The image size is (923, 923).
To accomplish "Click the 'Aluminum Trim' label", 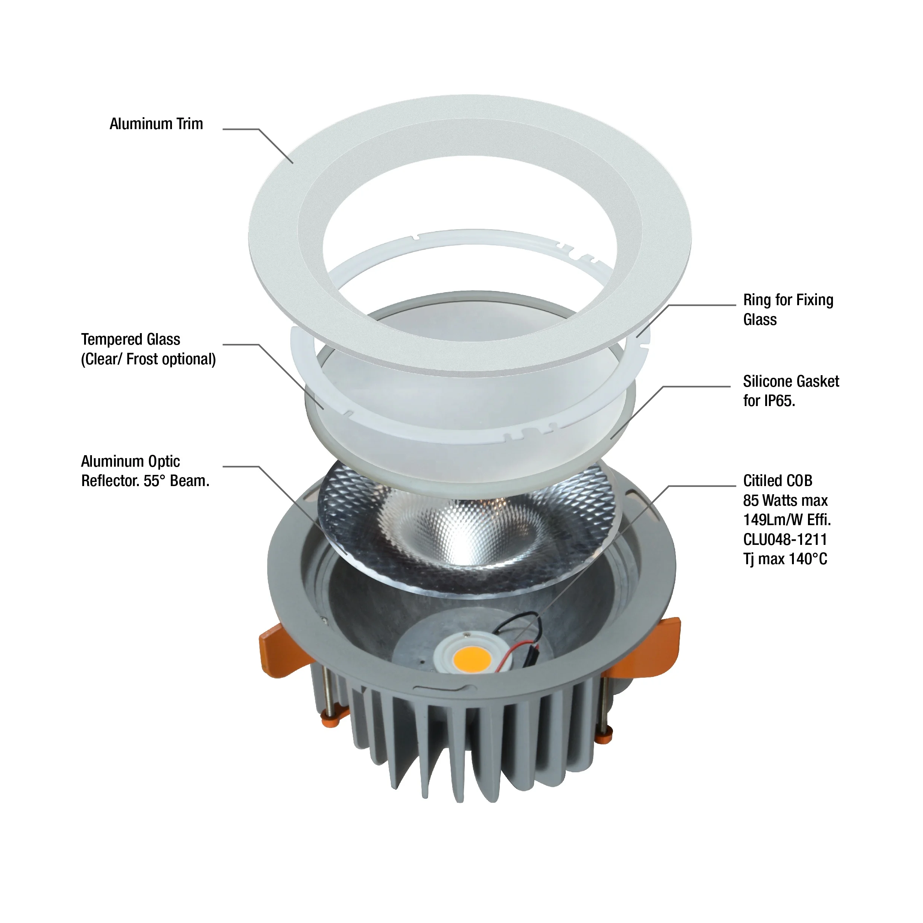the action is [156, 124].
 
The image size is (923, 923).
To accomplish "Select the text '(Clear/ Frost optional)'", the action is [148, 359].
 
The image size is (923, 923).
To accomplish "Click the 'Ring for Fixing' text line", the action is [788, 300].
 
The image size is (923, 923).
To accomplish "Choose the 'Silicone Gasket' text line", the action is [791, 381].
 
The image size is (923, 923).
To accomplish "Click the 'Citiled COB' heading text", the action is [778, 480].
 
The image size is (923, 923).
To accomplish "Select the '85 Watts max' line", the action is [785, 500].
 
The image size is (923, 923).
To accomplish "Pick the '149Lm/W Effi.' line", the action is [787, 520].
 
